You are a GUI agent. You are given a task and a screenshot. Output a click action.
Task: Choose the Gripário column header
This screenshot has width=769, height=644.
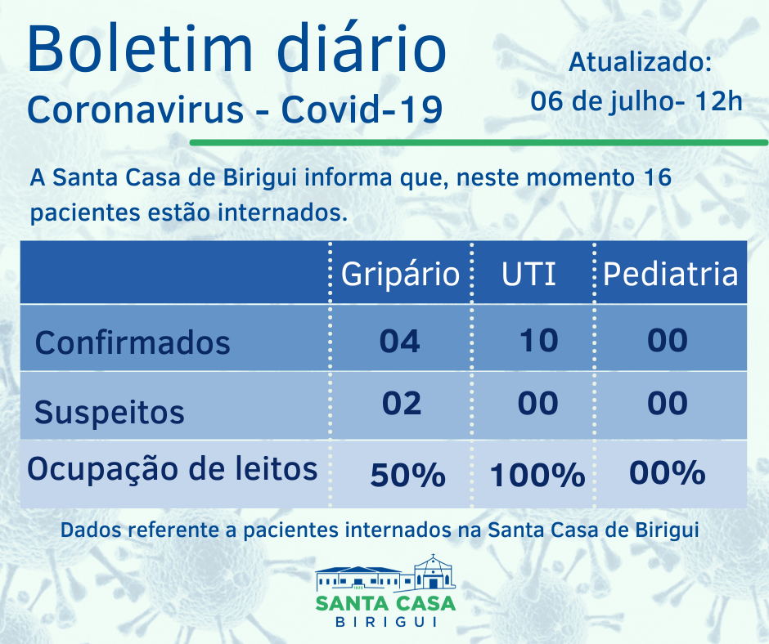400,273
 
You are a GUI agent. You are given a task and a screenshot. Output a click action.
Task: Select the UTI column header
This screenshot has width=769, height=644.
528,273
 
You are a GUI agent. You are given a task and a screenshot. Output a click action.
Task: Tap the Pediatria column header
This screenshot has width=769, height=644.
670,273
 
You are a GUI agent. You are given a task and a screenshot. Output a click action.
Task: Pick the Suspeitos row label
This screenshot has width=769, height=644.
110,411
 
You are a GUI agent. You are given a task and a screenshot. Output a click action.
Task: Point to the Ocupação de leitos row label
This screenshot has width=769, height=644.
172,468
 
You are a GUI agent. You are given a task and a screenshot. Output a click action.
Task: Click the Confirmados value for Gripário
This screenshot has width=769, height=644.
400,340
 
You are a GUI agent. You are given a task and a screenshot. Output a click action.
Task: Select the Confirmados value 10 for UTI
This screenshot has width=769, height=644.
538,340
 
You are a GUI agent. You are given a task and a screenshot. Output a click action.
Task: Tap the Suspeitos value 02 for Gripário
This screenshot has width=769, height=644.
401,403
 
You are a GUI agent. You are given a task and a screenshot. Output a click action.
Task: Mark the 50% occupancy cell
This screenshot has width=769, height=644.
407,474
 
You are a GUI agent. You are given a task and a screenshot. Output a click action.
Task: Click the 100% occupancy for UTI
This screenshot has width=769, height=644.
537,474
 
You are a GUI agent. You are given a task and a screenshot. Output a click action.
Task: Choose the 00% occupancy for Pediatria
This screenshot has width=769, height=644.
668,472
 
